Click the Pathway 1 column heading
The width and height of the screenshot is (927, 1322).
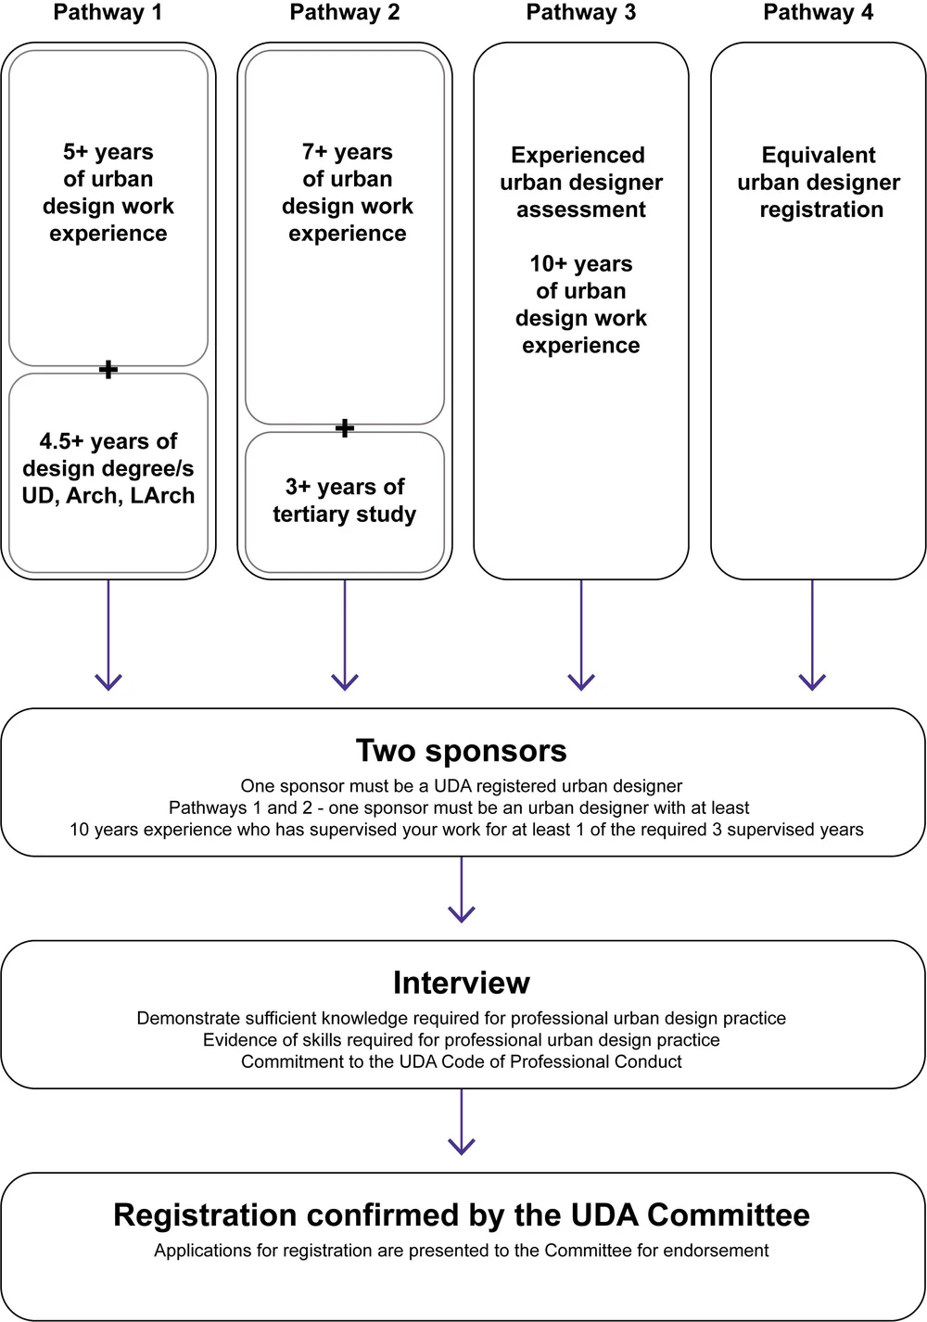click(x=108, y=13)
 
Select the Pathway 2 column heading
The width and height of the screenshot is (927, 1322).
click(x=345, y=13)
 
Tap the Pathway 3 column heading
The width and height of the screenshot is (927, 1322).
click(x=581, y=13)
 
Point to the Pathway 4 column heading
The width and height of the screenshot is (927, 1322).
click(x=818, y=13)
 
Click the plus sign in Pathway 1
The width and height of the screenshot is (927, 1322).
click(x=108, y=370)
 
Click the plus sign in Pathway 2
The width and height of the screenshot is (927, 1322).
click(x=345, y=428)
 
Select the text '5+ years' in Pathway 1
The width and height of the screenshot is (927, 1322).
click(x=108, y=152)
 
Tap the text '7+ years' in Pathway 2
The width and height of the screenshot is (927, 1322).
click(x=347, y=152)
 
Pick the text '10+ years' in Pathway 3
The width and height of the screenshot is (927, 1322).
click(x=581, y=264)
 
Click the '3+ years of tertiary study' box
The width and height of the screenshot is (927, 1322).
click(x=345, y=501)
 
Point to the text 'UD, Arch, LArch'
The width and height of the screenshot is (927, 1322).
click(x=108, y=496)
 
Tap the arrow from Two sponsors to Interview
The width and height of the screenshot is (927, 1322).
click(x=462, y=890)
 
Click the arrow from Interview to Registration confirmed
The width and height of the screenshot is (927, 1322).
click(x=462, y=1122)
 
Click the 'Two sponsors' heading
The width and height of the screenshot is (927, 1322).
click(x=462, y=751)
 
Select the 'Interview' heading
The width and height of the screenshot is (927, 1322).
click(x=462, y=983)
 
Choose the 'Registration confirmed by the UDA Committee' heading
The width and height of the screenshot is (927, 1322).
click(x=462, y=1215)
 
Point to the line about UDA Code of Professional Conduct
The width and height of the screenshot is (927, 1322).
click(x=462, y=1061)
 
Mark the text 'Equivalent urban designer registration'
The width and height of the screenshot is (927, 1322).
click(x=819, y=183)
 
